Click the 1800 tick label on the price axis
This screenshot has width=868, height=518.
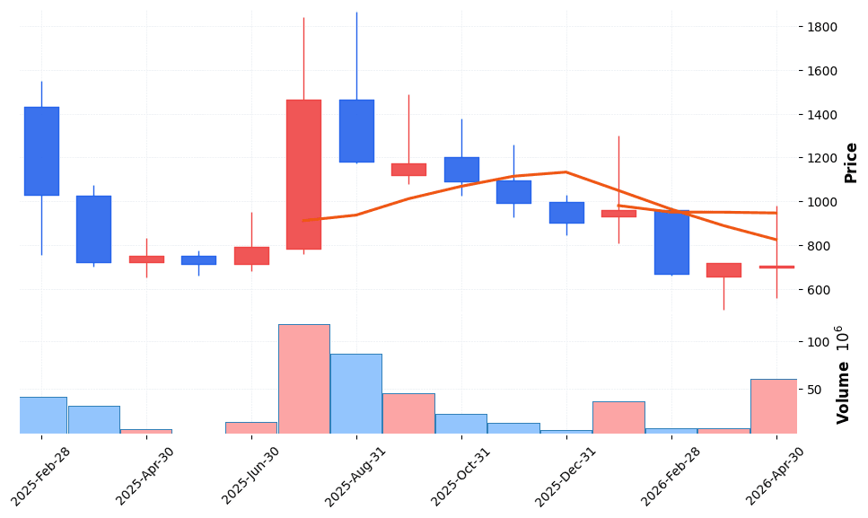coord(822,27)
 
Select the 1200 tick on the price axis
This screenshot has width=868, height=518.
coord(822,159)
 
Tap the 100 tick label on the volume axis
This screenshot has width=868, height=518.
coord(816,342)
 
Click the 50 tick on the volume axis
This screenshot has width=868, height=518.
coord(812,390)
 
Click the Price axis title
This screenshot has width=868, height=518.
coord(851,162)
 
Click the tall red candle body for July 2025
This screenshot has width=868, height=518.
coord(303,174)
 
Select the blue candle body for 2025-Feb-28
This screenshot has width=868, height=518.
coord(41,151)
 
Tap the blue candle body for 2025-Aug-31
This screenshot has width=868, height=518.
coord(356,131)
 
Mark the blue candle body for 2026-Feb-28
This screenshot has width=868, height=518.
coord(671,242)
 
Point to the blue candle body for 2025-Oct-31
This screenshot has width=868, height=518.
coord(461,170)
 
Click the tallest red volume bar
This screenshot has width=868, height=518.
coord(303,379)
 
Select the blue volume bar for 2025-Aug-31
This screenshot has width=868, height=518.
coord(356,393)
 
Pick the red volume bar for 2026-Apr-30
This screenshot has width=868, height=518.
coord(774,406)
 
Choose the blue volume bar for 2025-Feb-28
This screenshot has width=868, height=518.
coord(42,415)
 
